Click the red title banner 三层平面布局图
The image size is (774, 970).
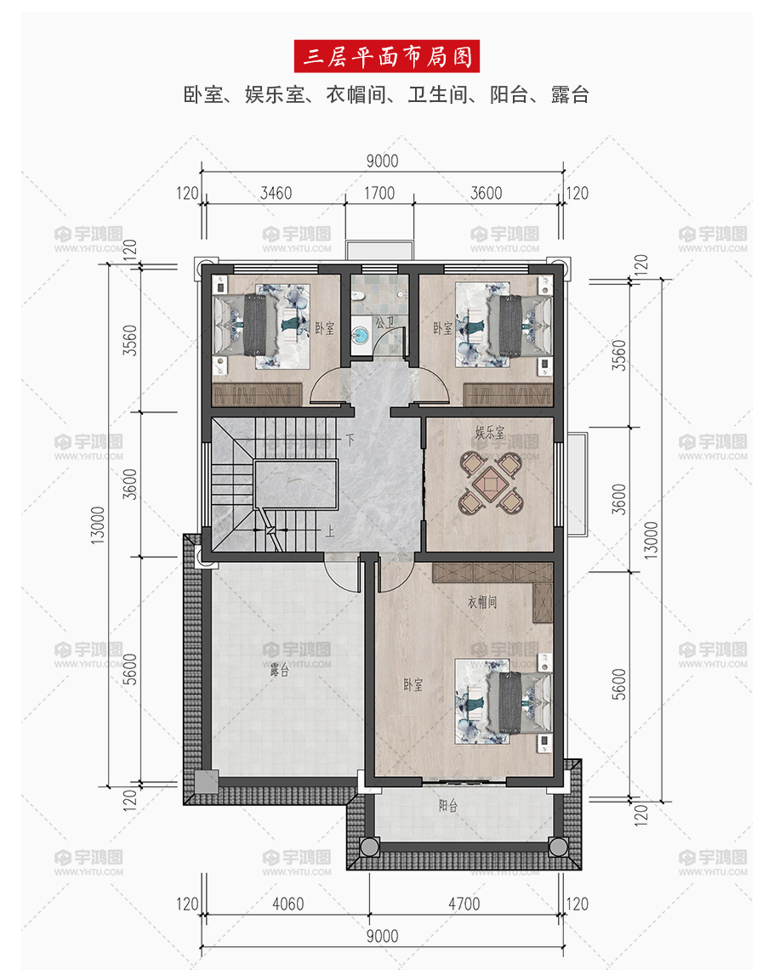coord(387,56)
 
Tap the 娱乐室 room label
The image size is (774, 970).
coord(490,433)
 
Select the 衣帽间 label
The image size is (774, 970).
coord(482,602)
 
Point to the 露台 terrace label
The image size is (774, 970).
coord(279,670)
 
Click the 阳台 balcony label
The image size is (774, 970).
coord(448,805)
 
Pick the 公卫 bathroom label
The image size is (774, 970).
coord(384,322)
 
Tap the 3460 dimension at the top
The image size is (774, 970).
coord(276,193)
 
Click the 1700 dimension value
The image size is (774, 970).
coord(379,193)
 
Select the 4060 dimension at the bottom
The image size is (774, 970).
coord(288,904)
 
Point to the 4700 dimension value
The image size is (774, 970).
coord(464,904)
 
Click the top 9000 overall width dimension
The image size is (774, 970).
coord(383,161)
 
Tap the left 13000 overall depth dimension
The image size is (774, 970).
coord(99,525)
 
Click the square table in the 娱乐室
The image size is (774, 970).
coord(491,484)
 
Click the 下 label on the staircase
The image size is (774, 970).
coord(350,440)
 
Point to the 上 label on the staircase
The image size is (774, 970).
coord(330,530)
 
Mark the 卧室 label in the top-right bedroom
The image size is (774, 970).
coord(443,328)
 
